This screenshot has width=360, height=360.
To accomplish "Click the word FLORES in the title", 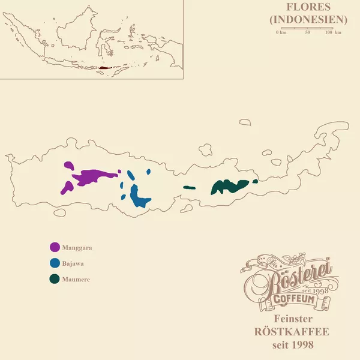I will pyautogui.click(x=309, y=8).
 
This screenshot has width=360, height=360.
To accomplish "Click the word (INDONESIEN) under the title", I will pyautogui.click(x=309, y=20).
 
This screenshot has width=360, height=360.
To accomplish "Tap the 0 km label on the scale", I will pyautogui.click(x=281, y=32).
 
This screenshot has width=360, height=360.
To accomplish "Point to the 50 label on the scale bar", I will pyautogui.click(x=308, y=32).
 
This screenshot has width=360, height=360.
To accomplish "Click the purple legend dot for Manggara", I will pyautogui.click(x=55, y=247).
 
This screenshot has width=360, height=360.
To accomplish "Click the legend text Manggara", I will pyautogui.click(x=77, y=247).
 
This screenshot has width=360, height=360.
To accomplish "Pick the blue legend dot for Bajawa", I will pyautogui.click(x=55, y=263).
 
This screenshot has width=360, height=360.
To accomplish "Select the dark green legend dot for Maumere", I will pyautogui.click(x=55, y=279).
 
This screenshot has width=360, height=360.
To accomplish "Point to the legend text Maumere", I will pyautogui.click(x=76, y=279).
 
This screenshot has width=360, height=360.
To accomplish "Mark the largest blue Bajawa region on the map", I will pyautogui.click(x=139, y=197).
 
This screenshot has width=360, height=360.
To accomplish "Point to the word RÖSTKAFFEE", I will pyautogui.click(x=293, y=332).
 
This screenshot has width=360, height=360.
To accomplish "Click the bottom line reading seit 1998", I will pyautogui.click(x=293, y=345).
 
